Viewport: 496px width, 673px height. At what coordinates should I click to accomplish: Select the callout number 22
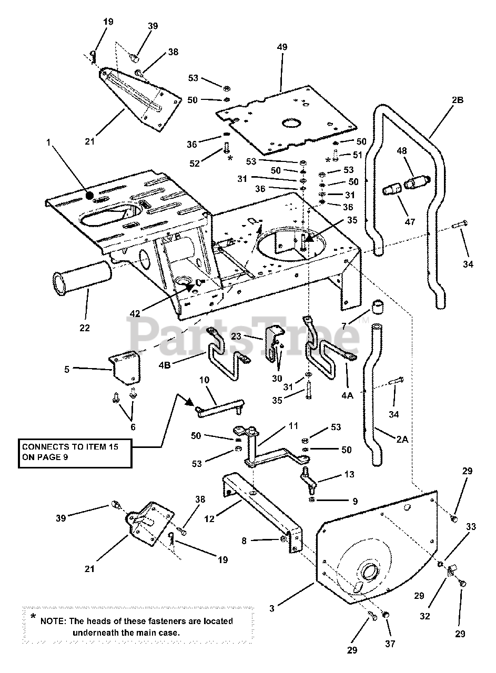pyautogui.click(x=85, y=328)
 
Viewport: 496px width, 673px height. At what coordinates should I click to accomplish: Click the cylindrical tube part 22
pyautogui.click(x=82, y=284)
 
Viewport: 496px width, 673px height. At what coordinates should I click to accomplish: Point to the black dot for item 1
pyautogui.click(x=90, y=196)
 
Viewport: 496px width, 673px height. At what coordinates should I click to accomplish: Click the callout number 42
pyautogui.click(x=135, y=314)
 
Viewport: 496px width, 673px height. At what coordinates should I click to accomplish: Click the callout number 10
pyautogui.click(x=205, y=379)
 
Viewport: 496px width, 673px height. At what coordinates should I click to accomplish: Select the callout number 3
pyautogui.click(x=272, y=609)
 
